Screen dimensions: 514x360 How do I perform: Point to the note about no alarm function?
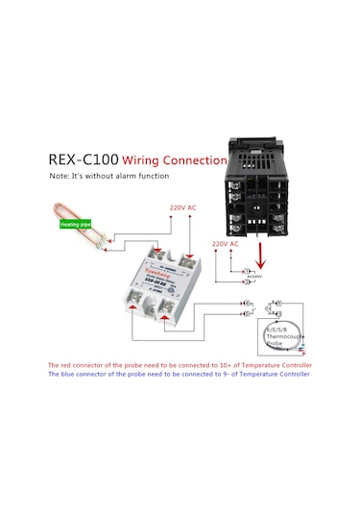pyautogui.click(x=109, y=177)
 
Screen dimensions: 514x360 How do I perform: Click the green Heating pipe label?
pyautogui.click(x=75, y=224)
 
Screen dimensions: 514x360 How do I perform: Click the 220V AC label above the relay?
pyautogui.click(x=183, y=208)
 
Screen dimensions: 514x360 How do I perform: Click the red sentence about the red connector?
pyautogui.click(x=180, y=366)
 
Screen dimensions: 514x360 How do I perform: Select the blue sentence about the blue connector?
pyautogui.click(x=180, y=375)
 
